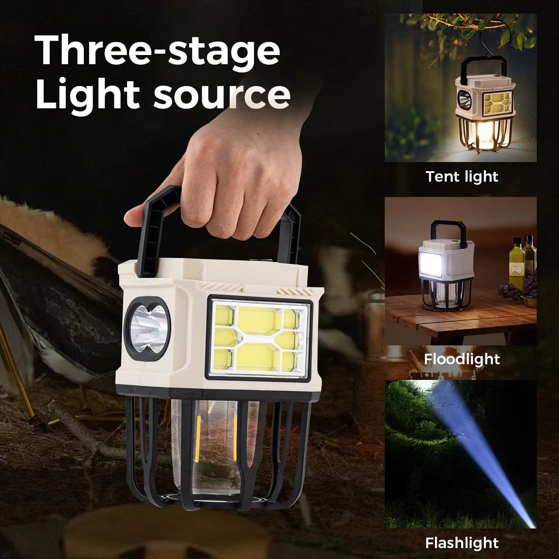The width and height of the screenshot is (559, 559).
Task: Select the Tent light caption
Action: (x=462, y=176)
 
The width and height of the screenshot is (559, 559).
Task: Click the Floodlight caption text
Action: (x=462, y=359)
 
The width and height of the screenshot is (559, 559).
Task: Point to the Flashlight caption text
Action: (x=462, y=543)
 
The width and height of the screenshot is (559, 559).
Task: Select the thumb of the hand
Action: (x=140, y=214)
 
